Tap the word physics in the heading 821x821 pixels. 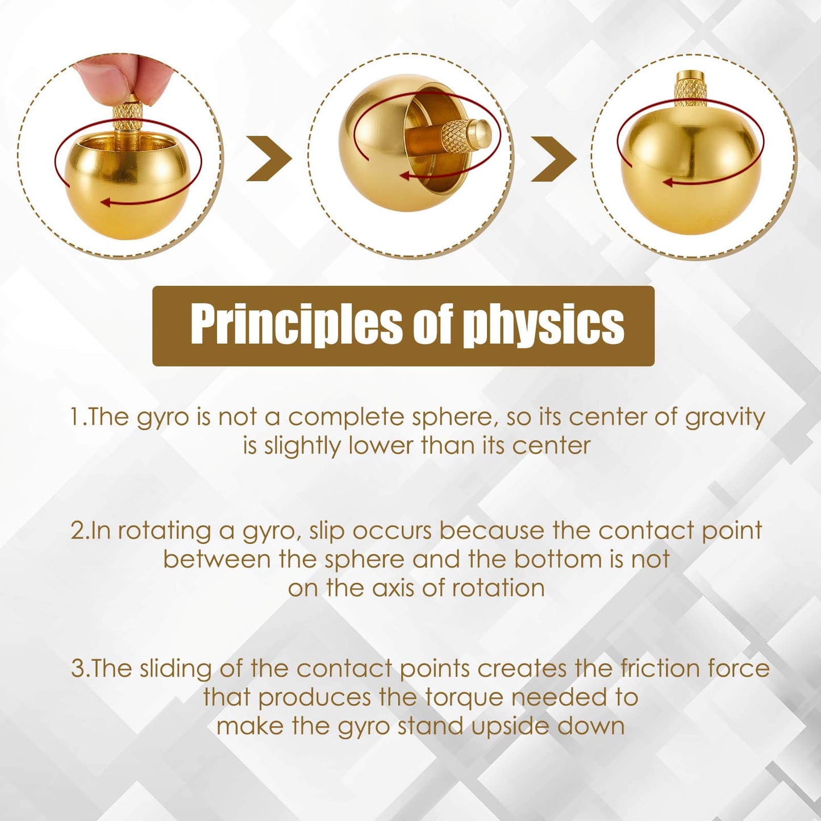(x=544, y=325)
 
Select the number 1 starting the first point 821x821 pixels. (x=76, y=417)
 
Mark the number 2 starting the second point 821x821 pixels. (x=77, y=531)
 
